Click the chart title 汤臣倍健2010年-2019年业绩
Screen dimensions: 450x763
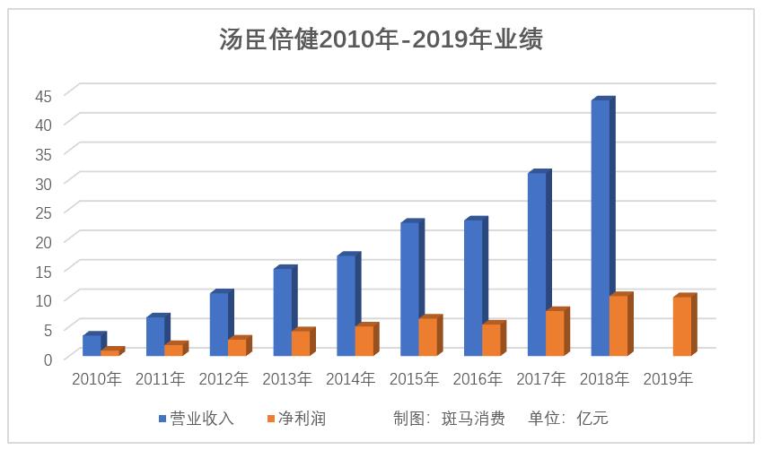coord(381,39)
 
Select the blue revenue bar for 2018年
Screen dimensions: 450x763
coord(601,229)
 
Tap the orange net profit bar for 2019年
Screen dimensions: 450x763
coord(682,326)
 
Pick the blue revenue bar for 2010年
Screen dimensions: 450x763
coord(92,345)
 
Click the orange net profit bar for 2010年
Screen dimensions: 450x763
coord(110,352)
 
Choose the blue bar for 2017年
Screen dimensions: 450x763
coord(537,264)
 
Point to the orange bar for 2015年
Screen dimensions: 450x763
coord(428,337)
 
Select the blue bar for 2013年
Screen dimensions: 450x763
coord(283,312)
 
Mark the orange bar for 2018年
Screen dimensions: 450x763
coord(618,325)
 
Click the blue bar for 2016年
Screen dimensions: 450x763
coord(473,288)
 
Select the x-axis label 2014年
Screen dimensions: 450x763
coord(351,379)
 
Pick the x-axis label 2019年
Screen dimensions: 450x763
coord(669,379)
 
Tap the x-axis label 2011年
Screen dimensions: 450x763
coord(161,379)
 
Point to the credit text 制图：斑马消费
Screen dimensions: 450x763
coord(448,419)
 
